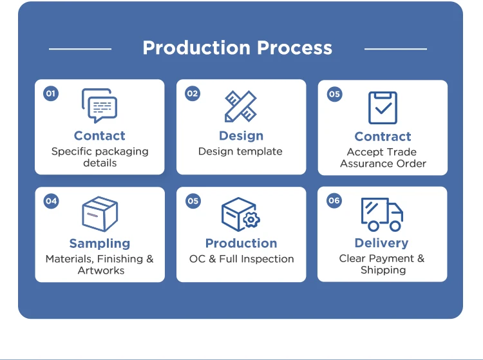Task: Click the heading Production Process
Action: coord(238,48)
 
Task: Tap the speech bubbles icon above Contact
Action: coord(100,106)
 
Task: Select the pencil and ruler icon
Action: coord(241,106)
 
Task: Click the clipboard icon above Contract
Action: coord(383,107)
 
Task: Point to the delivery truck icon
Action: coord(382,214)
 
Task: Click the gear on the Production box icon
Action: coord(251,220)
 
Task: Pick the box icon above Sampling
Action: coord(100,214)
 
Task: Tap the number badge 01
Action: coord(51,94)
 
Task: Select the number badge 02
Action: coord(193,94)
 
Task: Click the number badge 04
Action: coord(51,201)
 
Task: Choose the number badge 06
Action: coord(334,201)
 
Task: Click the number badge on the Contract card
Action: coord(334,95)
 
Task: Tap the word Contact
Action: coord(100,136)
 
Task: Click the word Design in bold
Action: coord(241,136)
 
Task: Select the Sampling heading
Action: coord(100,243)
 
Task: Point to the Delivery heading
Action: coord(382,243)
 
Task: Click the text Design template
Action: coord(240,152)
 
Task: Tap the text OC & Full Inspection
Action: coord(241,259)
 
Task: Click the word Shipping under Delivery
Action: coord(383,270)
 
